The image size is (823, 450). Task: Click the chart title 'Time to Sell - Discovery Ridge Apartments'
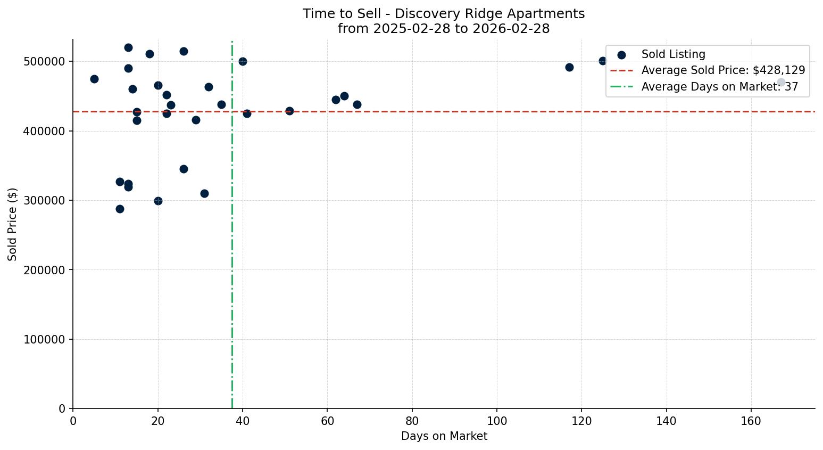coord(444,14)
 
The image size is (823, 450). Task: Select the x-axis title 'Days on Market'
coord(444,436)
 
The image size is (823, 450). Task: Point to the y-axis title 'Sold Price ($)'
coord(12,224)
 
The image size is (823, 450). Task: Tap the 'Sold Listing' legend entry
coord(673,54)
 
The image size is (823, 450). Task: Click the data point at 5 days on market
coord(94,79)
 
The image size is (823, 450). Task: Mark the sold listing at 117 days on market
coord(569,67)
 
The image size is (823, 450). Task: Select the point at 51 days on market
coord(289,111)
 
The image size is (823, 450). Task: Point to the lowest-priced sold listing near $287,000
coord(120,209)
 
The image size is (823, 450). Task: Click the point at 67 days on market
coord(357,104)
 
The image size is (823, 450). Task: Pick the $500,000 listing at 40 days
coord(243,61)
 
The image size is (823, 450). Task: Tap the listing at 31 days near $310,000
coord(204,193)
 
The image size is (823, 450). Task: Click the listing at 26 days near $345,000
coord(184,169)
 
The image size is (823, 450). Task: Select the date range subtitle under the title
coord(444,29)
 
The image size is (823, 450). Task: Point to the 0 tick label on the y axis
coord(62,408)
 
